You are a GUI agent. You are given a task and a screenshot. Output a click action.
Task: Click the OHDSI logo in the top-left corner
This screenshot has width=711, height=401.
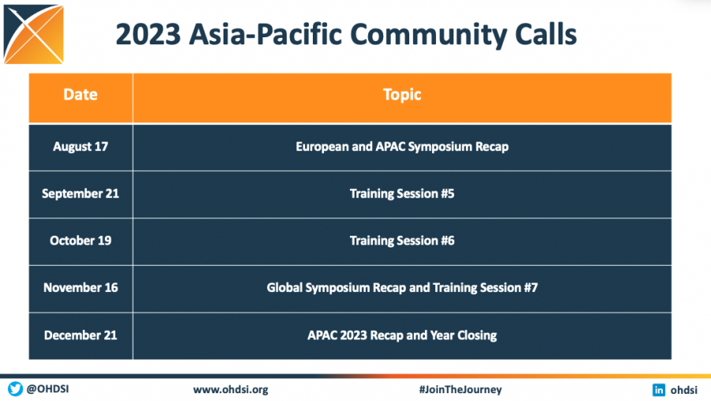(33, 35)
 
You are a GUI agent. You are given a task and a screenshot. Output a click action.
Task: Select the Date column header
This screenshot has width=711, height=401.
(81, 95)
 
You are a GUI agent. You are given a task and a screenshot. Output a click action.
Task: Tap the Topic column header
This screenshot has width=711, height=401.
(402, 95)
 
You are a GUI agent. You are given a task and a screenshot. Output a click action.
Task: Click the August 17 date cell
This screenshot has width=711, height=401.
(81, 146)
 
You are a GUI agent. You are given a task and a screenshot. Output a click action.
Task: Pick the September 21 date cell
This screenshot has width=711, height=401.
(81, 193)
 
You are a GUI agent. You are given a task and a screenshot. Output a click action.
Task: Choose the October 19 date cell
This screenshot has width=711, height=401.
(81, 240)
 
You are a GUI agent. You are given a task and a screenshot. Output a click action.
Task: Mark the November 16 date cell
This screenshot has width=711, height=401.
(81, 288)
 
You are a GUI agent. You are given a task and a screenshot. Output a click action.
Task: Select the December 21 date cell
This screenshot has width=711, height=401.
(81, 335)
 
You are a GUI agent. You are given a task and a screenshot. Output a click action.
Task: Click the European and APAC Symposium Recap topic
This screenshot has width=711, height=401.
(402, 146)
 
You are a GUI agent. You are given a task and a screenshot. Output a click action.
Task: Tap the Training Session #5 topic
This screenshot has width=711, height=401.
(402, 193)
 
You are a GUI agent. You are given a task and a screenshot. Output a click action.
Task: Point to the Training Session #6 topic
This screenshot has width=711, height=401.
(402, 240)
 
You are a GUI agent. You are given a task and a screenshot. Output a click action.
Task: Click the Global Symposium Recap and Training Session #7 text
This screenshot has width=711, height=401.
(402, 288)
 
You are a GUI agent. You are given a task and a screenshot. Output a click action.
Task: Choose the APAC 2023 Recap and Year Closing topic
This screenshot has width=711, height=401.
(402, 335)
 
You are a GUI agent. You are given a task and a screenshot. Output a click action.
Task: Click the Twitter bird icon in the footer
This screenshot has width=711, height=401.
(15, 389)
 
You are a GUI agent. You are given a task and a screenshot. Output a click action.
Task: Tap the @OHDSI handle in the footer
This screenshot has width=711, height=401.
(47, 389)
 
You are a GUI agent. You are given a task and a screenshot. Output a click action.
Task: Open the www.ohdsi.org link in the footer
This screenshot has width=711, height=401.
(231, 389)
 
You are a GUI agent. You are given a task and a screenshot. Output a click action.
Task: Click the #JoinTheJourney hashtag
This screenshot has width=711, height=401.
(460, 389)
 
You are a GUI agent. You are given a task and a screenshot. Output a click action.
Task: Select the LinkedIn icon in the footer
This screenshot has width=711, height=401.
(658, 389)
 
